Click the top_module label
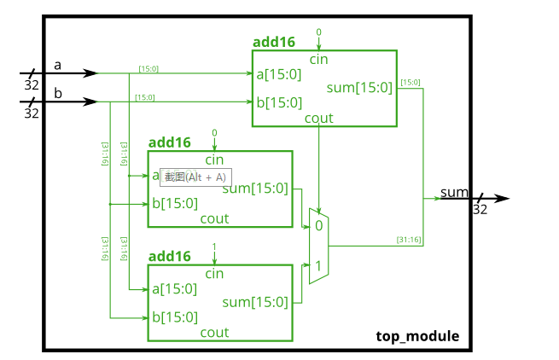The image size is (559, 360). (x=417, y=337)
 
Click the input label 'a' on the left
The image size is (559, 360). (x=58, y=65)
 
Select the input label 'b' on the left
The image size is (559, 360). (x=58, y=93)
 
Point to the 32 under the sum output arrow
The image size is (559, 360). (x=480, y=209)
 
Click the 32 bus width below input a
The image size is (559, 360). (x=32, y=85)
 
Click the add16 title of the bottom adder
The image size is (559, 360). (x=170, y=256)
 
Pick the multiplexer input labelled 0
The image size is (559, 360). (x=318, y=226)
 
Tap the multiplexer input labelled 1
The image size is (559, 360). (x=318, y=266)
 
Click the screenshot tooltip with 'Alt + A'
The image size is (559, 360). (x=195, y=177)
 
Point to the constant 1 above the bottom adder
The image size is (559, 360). (x=214, y=247)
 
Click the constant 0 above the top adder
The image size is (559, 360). (x=319, y=32)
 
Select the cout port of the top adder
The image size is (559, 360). (x=319, y=118)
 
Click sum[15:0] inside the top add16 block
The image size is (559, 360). (x=359, y=87)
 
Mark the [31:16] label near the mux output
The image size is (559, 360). (x=409, y=240)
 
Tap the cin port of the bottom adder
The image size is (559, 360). (x=214, y=273)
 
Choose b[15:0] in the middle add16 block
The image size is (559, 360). (x=175, y=203)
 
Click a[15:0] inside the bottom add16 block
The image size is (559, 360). (x=175, y=288)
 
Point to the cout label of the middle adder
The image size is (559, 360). (x=214, y=218)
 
